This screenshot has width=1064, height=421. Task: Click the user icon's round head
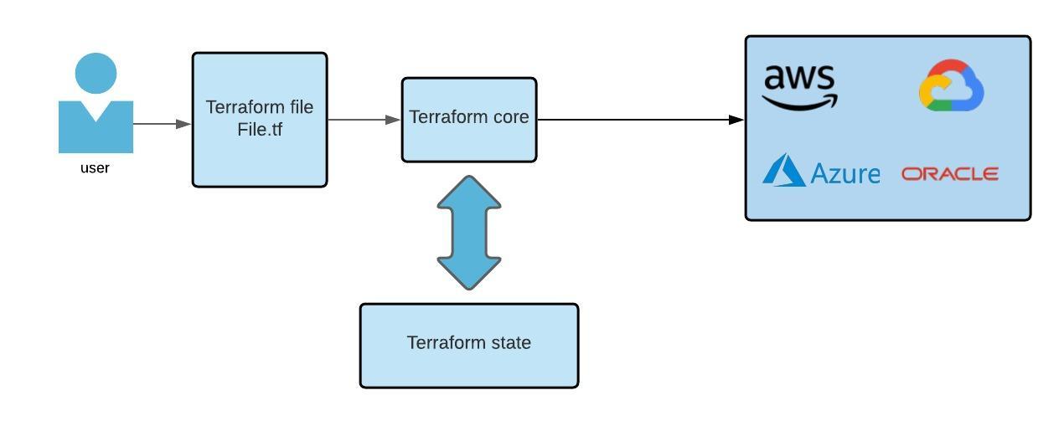pos(96,74)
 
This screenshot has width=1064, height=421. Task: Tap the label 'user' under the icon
pos(95,168)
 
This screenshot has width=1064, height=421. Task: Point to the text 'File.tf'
pos(260,130)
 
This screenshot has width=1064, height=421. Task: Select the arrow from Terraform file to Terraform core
pos(364,120)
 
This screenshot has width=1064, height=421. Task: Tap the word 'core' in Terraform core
pos(510,117)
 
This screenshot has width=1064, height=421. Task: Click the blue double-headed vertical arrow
pos(469,233)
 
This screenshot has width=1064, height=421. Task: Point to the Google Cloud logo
pos(951,85)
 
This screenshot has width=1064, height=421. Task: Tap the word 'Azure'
pos(845,173)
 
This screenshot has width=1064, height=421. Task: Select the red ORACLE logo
pos(950,173)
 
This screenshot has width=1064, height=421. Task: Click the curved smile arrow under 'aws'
pos(799,103)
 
